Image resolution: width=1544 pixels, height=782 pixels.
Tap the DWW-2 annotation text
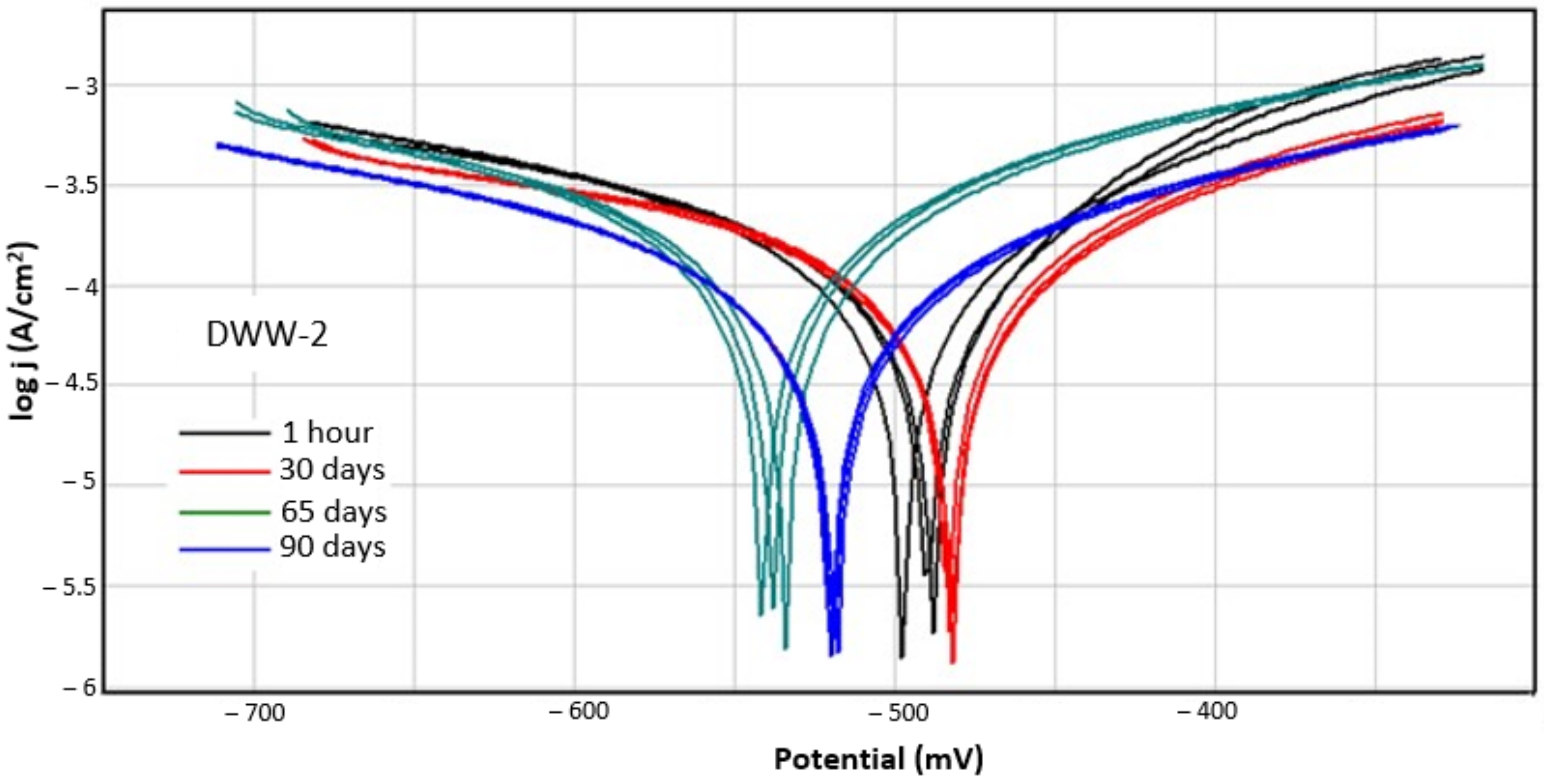[267, 335]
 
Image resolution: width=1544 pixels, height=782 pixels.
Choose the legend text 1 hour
[327, 432]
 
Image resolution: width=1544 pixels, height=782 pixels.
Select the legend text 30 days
[332, 470]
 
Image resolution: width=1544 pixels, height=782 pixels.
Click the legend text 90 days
[332, 547]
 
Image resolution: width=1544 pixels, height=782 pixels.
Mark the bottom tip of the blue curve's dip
[832, 655]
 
